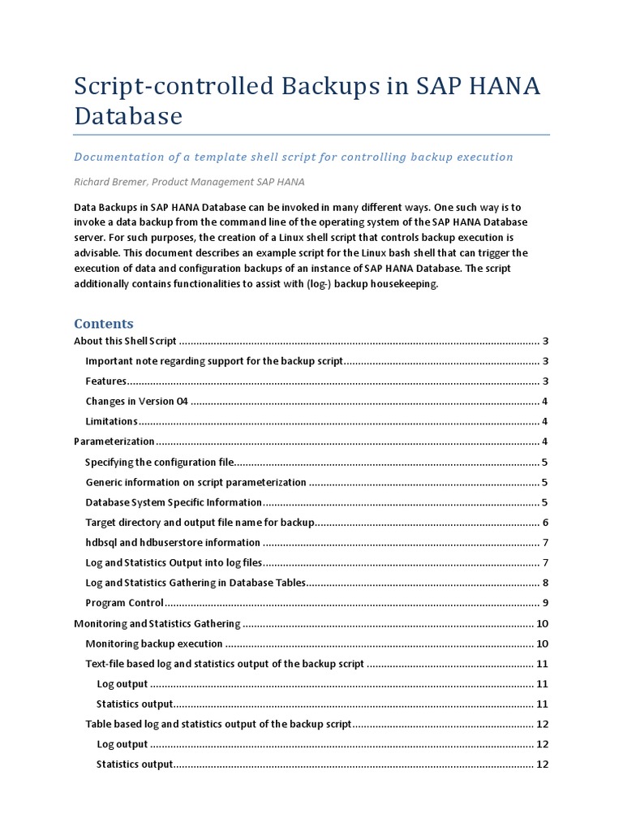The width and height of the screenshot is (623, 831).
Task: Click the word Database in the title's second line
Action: (128, 116)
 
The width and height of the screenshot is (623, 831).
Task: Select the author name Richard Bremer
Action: (110, 182)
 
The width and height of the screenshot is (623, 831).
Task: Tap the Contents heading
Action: (104, 323)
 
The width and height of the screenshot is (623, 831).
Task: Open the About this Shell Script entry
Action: (125, 341)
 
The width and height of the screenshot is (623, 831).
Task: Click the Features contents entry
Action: (106, 381)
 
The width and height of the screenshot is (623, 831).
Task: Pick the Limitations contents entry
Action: (111, 421)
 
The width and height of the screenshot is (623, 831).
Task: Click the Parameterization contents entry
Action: (114, 441)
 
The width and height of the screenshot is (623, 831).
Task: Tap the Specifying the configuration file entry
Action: (160, 462)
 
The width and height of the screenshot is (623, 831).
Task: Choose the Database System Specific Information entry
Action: (174, 502)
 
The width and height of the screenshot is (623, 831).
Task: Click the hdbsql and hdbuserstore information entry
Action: (173, 542)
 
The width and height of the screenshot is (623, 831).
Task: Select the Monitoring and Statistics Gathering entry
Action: (157, 623)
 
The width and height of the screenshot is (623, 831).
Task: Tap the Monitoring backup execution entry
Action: (154, 644)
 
